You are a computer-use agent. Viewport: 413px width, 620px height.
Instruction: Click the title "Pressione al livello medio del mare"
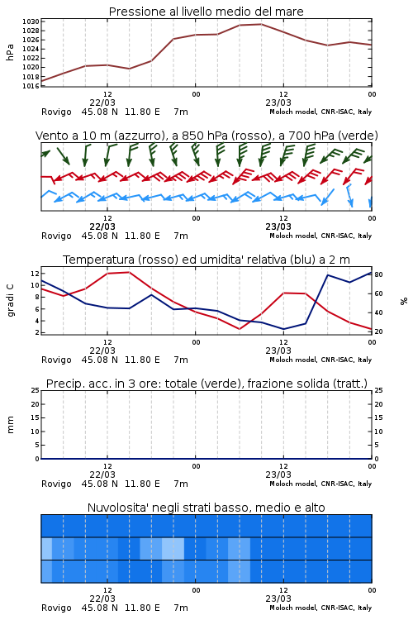[x=206, y=12]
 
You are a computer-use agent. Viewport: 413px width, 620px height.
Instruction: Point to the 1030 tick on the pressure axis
[x=31, y=21]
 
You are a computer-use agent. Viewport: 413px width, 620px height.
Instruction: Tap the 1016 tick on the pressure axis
[x=31, y=86]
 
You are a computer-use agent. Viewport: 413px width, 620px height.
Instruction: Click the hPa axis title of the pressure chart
[x=10, y=52]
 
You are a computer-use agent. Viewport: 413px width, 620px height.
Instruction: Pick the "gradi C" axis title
[x=10, y=300]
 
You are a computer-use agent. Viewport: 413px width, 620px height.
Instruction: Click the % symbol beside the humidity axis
[x=404, y=301]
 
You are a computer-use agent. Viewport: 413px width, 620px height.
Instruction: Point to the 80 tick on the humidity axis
[x=378, y=274]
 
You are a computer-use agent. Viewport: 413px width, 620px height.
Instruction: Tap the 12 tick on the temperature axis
[x=35, y=274]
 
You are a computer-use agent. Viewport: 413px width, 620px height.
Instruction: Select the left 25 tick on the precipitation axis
[x=36, y=390]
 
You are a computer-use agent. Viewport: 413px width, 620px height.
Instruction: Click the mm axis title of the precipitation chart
[x=10, y=425]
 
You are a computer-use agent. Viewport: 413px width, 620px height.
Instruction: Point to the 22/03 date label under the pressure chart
[x=102, y=103]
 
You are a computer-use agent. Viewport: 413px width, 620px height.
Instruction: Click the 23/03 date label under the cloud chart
[x=278, y=599]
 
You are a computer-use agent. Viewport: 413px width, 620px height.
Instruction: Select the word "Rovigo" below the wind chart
[x=56, y=236]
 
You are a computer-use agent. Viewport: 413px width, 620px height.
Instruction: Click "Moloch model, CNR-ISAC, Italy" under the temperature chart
[x=320, y=360]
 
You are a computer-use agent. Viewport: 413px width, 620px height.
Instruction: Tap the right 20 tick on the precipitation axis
[x=378, y=404]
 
